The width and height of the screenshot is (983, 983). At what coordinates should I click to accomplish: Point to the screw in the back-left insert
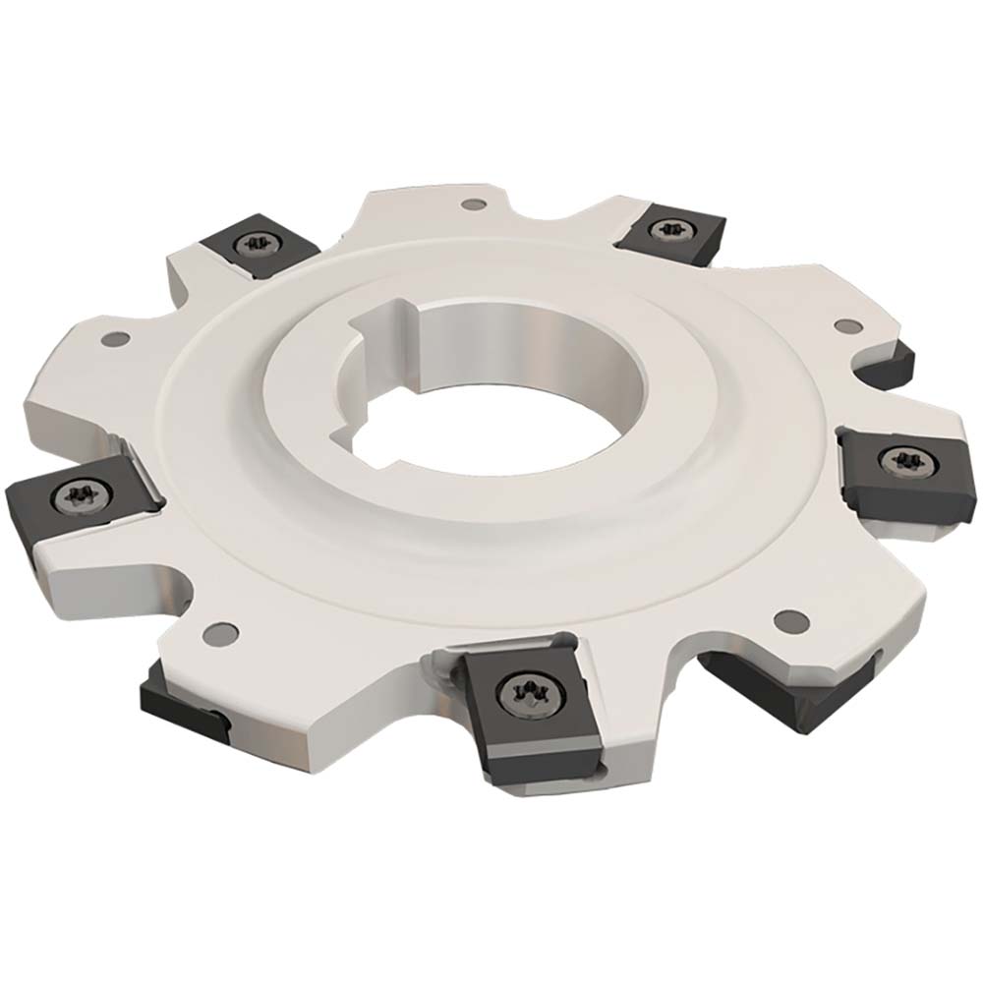259,240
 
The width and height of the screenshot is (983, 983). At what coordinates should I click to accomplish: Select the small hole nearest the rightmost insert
842,324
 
